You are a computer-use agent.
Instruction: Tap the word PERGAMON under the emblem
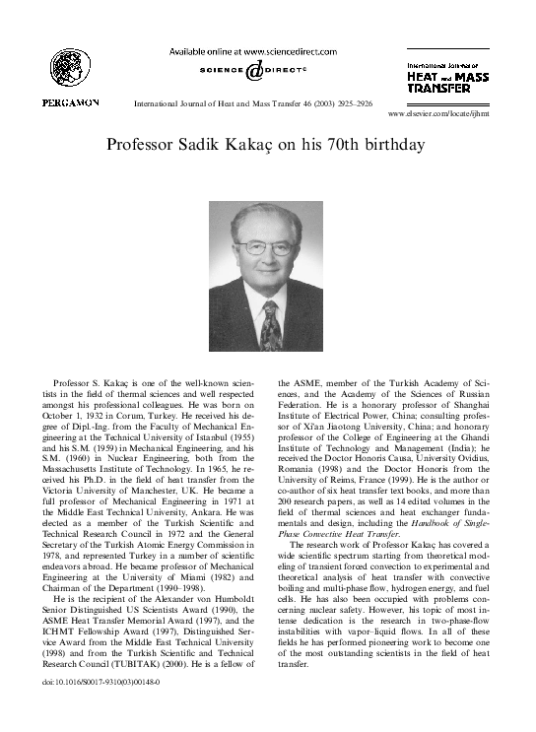69,102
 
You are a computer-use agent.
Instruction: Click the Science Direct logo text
253,69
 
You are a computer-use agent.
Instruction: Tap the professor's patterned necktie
270,325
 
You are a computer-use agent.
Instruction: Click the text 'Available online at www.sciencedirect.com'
252,51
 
